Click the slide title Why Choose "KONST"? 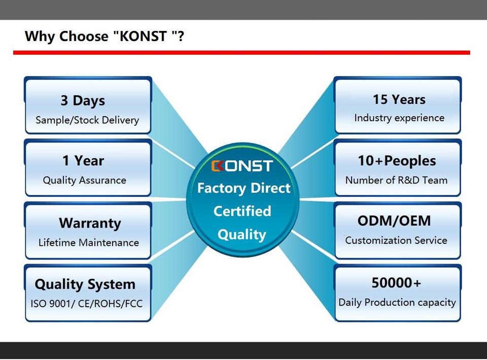(104, 37)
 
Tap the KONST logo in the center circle (242, 165)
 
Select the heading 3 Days (83, 100)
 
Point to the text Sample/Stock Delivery (87, 120)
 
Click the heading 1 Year (83, 161)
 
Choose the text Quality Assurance (84, 180)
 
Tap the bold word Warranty (90, 223)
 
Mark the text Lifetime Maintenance (88, 242)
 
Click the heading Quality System (85, 284)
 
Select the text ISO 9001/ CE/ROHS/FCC (86, 304)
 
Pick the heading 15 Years (399, 99)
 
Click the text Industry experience (399, 118)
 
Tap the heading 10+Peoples (397, 161)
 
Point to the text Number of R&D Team (396, 180)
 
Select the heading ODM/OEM (394, 221)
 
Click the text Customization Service (396, 240)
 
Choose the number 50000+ (396, 282)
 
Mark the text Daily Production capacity (397, 302)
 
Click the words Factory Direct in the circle (243, 188)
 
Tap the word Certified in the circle (242, 211)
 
